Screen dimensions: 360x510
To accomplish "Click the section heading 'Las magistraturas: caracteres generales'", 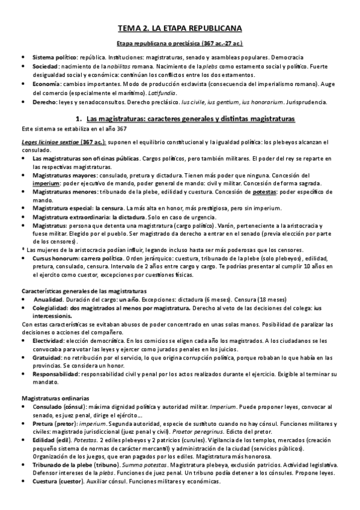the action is [192, 120].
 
